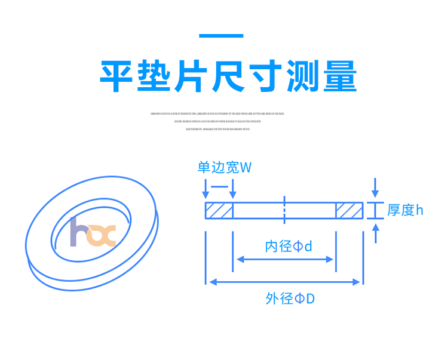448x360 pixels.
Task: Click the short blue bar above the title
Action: (221, 36)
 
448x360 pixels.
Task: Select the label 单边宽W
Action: (224, 167)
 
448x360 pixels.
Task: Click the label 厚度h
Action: (405, 210)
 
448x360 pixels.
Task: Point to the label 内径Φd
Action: (289, 246)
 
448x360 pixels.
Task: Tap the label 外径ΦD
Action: (290, 298)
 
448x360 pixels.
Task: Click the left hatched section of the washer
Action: (219, 210)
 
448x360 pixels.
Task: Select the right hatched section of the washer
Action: (349, 210)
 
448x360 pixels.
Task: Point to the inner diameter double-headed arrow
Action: (285, 259)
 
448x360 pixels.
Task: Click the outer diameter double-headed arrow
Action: (284, 282)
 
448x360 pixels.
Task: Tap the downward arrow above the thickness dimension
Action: (375, 187)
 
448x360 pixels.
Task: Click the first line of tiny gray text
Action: (217, 113)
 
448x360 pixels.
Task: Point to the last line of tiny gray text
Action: (217, 129)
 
